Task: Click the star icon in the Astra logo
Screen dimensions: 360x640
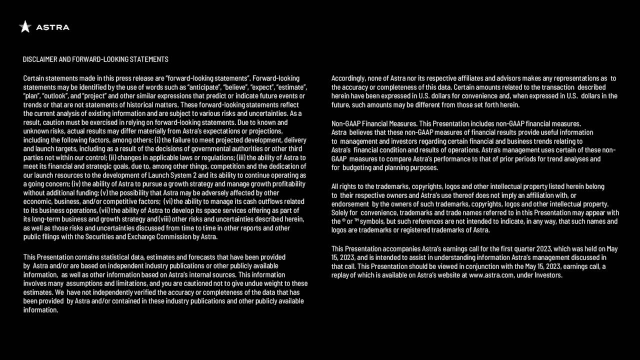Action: click(25, 27)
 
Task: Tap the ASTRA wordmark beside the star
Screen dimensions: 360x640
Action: click(52, 27)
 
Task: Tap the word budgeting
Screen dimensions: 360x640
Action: click(359, 167)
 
